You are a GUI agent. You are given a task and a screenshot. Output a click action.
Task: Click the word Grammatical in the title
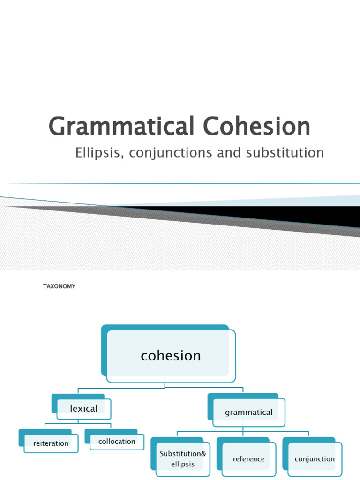tap(121, 127)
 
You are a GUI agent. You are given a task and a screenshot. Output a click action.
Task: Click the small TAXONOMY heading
tap(59, 286)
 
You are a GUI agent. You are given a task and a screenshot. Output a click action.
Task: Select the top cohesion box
tap(171, 356)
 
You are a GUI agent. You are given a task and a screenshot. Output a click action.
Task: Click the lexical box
tap(84, 409)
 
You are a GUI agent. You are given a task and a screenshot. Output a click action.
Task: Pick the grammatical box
tap(248, 412)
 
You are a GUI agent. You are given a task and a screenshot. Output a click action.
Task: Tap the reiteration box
tap(51, 443)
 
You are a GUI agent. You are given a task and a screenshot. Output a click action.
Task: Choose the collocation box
tap(117, 441)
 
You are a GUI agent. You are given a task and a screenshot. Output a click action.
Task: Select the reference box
tap(248, 459)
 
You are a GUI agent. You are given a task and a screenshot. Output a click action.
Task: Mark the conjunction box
tap(315, 459)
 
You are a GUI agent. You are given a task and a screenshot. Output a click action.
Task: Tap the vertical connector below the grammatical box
tap(243, 428)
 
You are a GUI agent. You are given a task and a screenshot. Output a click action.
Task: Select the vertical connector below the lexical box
tap(78, 422)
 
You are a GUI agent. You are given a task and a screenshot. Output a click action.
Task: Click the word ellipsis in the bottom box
tap(183, 464)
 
